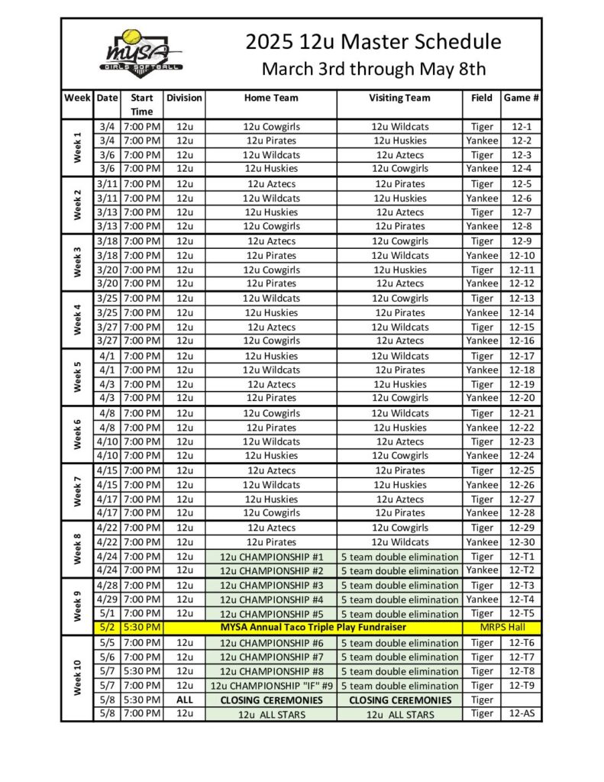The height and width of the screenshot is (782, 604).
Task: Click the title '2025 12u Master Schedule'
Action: [373, 41]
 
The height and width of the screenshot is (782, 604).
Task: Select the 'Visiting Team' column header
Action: [399, 98]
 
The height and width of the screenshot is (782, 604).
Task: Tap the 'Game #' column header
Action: [522, 98]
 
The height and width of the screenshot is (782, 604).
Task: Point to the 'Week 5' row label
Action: [76, 376]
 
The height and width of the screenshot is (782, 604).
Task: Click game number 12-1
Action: [522, 127]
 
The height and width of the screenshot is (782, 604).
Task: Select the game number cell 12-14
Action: [522, 312]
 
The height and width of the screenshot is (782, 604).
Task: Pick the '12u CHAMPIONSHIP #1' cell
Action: [271, 557]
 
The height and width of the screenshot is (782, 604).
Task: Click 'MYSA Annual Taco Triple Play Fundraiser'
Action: [313, 627]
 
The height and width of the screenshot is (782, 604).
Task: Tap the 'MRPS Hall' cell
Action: [502, 627]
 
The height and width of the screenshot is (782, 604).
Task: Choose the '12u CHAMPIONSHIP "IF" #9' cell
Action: [271, 686]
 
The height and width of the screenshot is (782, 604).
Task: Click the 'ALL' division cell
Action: [184, 700]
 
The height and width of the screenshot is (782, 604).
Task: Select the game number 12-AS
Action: [522, 714]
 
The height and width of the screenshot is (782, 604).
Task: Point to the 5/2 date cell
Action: [107, 627]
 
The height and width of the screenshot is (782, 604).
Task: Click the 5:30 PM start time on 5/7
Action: [141, 671]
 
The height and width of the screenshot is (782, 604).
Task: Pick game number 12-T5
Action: [522, 613]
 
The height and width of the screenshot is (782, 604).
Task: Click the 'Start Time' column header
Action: [141, 105]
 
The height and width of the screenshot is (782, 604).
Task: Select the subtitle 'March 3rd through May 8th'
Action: [373, 69]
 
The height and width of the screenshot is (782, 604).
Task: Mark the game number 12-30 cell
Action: [522, 542]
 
